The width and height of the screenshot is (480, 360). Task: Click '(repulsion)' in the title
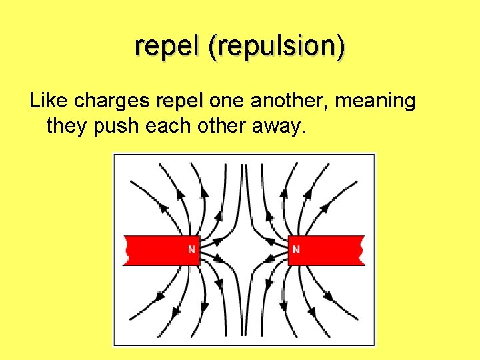click(277, 47)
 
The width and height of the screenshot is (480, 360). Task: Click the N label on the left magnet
click(191, 250)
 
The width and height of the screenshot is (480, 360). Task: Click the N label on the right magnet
click(296, 250)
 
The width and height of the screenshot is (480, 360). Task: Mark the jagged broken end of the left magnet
click(126, 250)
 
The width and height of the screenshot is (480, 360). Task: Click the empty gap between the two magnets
click(244, 250)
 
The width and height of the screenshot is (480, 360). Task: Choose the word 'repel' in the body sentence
click(178, 101)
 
